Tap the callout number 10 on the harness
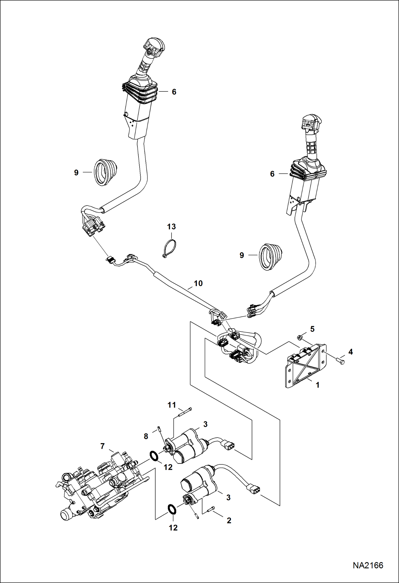pyautogui.click(x=198, y=283)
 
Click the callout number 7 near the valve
pyautogui.click(x=103, y=446)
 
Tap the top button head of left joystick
pyautogui.click(x=154, y=47)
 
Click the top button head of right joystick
pyautogui.click(x=311, y=123)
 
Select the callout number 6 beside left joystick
pyautogui.click(x=174, y=92)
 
